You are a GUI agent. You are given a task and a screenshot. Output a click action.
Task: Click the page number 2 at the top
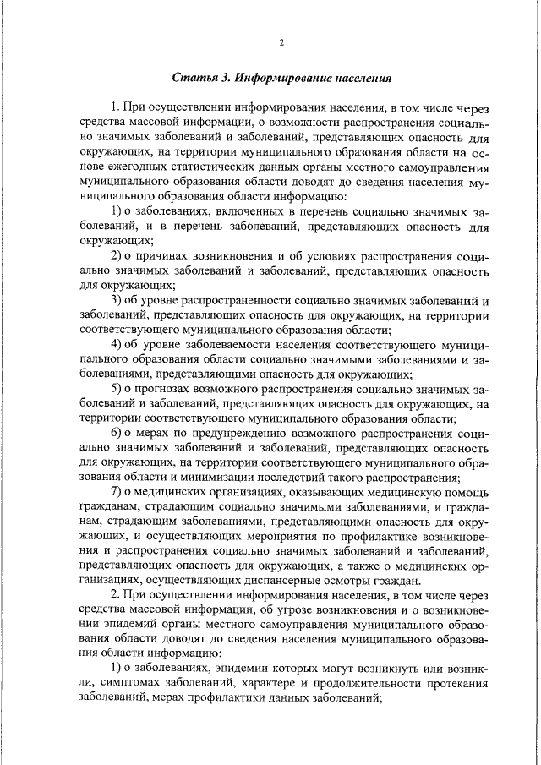281,43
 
